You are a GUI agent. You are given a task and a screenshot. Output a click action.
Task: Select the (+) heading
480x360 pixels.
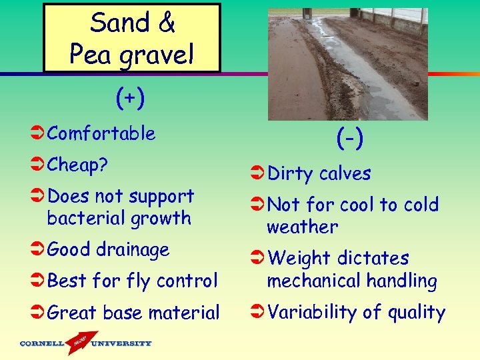pos(129,99)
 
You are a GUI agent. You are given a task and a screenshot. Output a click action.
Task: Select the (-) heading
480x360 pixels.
pos(349,139)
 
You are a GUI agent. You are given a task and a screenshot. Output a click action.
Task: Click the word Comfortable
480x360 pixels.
pos(101,133)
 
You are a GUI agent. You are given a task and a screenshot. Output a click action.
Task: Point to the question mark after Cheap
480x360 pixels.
pos(104,165)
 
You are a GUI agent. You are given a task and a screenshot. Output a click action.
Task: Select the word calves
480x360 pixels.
pos(345,173)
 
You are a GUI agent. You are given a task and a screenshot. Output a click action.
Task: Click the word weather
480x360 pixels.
pos(302,227)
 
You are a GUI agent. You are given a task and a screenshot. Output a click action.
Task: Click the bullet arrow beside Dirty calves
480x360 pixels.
pos(257,174)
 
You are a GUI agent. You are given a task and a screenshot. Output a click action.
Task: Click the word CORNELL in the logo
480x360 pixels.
pos(42,344)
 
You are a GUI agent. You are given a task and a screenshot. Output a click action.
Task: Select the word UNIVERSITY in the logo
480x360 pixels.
pos(121,344)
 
